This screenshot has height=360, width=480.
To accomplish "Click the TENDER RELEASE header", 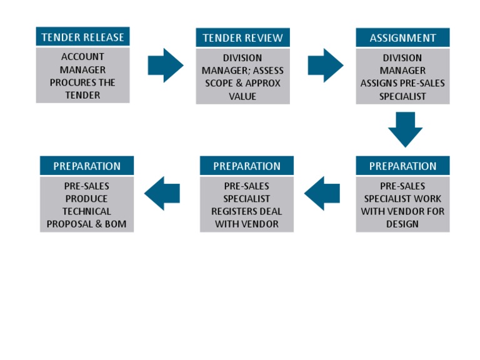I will (82, 37).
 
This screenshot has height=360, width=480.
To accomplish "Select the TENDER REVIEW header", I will (242, 37).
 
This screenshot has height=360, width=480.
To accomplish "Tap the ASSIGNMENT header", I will (402, 37).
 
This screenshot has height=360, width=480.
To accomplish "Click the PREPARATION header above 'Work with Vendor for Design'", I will (402, 166).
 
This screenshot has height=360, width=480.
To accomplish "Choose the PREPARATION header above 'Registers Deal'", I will (246, 166).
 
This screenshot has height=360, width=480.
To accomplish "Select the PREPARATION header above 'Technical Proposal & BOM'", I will (86, 166).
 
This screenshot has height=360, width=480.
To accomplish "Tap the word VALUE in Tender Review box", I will (242, 96).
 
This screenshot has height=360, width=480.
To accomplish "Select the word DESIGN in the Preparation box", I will (402, 224).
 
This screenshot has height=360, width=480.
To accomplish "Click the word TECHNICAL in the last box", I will (86, 211).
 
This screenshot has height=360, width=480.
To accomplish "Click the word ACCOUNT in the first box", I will (82, 57).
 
